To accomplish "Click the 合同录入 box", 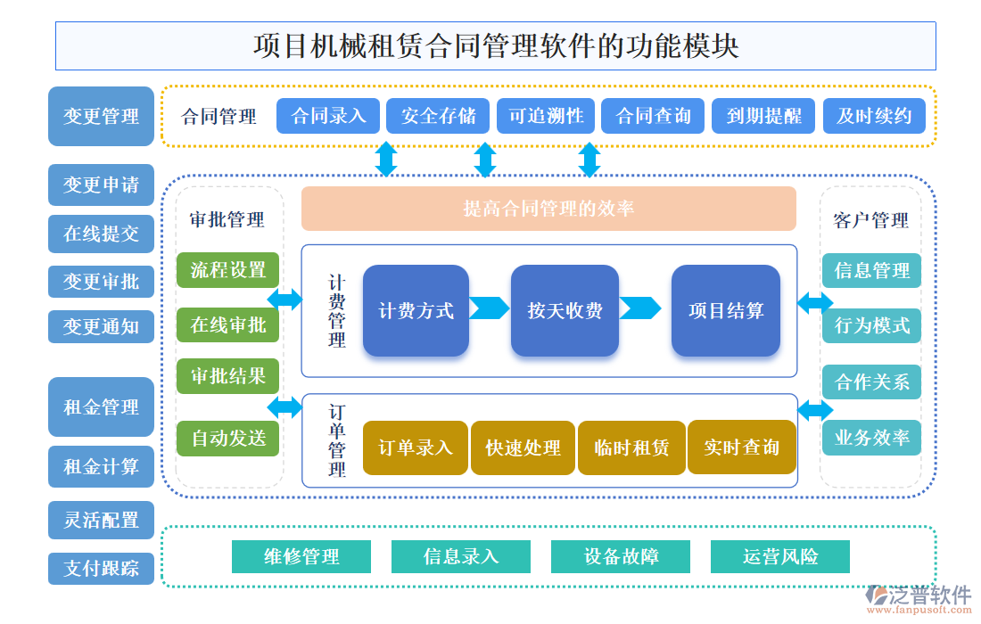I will tap(328, 116).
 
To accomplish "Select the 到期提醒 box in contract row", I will tap(763, 116).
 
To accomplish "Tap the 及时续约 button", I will tap(873, 116).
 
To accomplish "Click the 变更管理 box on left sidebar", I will tap(101, 116).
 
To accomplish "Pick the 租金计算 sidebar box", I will tap(101, 466).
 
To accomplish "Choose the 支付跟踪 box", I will tap(101, 568).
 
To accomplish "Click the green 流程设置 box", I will tap(228, 270).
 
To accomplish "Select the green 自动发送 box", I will tap(228, 438).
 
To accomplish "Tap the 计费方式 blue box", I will tap(416, 310).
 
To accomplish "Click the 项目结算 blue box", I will tap(725, 310).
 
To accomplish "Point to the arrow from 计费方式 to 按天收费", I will tap(489, 308).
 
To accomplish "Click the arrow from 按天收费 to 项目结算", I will tap(639, 308).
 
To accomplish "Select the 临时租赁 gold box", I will tap(631, 447).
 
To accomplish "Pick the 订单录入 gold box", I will tap(416, 447).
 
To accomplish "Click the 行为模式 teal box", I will tap(871, 325).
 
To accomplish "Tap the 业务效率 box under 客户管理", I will tap(871, 438).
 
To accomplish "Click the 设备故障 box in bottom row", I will tap(621, 557).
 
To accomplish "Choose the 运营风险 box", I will tap(779, 557).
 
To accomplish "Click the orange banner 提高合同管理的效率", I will tap(548, 209).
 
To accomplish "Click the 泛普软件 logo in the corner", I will tap(918, 595).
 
